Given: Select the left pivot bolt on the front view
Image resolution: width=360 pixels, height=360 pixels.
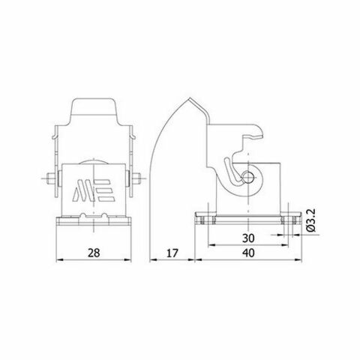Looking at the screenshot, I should [x=49, y=180].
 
